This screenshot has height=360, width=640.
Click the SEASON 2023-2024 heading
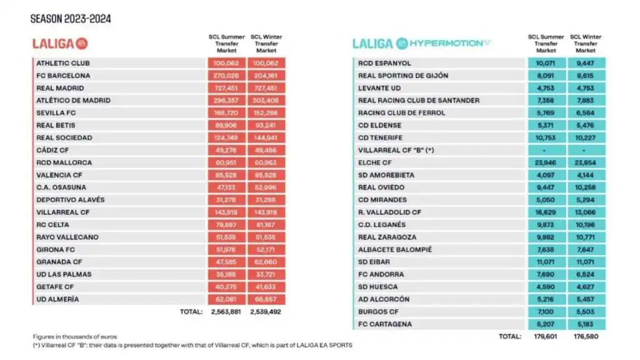click(71, 18)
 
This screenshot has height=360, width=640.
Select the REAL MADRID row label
click(60, 88)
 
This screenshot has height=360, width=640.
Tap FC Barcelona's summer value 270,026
click(226, 76)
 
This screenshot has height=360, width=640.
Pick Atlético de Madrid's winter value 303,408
click(267, 101)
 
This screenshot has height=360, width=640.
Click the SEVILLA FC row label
click(56, 113)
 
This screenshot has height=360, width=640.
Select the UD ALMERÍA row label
click(58, 299)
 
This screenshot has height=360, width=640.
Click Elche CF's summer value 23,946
click(546, 162)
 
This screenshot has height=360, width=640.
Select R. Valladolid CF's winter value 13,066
click(586, 212)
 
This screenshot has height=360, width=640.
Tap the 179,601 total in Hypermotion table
click(546, 336)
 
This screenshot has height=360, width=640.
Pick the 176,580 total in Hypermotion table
click(586, 336)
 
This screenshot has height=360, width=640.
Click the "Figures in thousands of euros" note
click(75, 337)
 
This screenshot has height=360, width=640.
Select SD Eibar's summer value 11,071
click(546, 262)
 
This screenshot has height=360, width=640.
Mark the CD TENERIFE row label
click(381, 137)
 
